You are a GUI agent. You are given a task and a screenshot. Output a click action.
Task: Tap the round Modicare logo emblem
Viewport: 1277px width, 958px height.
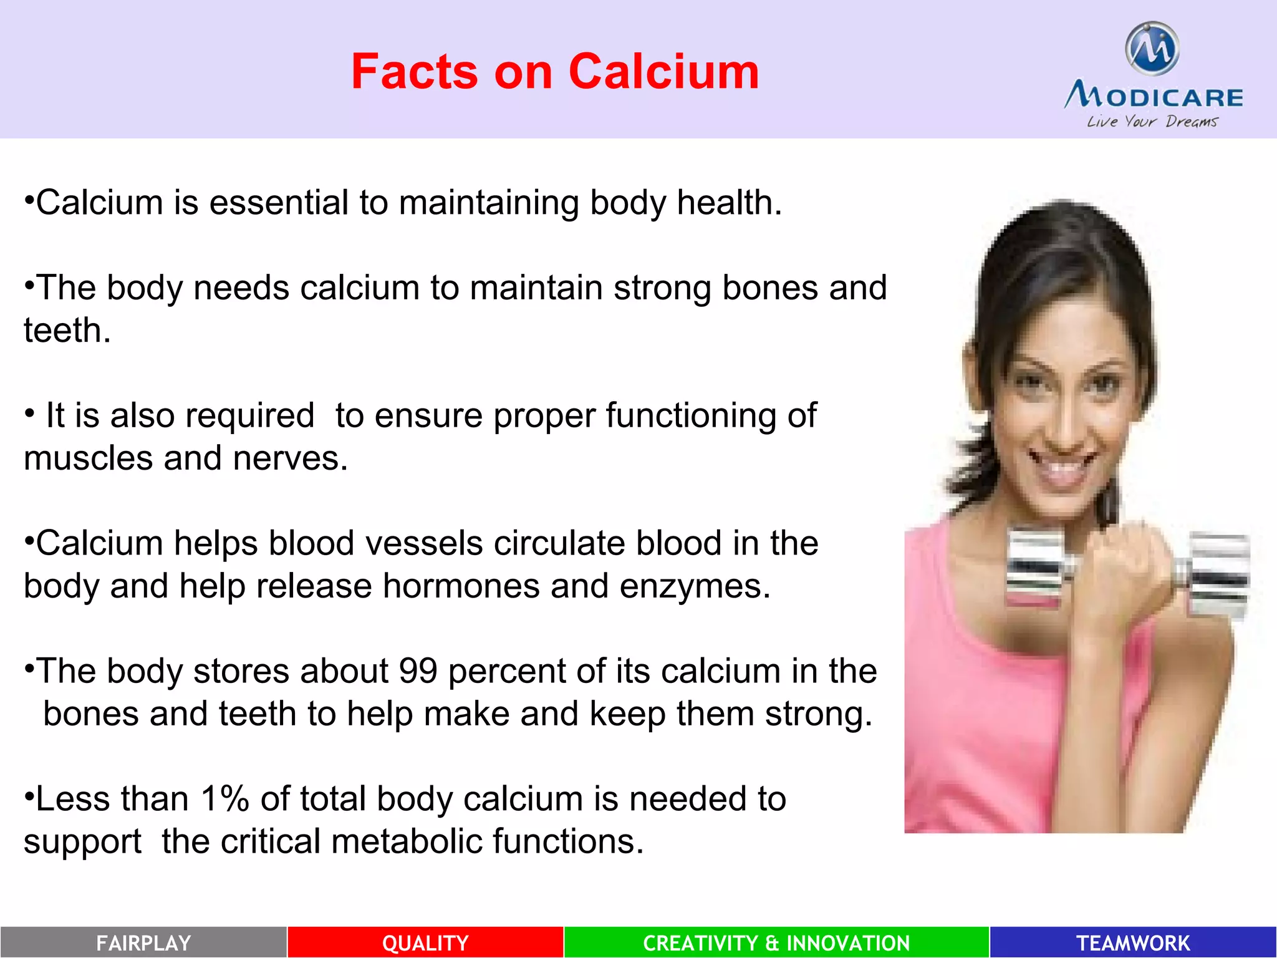(x=1152, y=48)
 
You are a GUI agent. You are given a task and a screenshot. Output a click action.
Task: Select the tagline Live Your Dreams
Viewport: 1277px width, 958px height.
(x=1152, y=121)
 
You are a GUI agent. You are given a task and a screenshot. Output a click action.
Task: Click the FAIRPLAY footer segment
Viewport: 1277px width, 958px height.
(x=143, y=942)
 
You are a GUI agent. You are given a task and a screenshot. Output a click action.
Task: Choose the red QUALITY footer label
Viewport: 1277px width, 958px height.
(x=425, y=942)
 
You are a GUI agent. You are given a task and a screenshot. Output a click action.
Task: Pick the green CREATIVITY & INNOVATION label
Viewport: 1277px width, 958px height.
(x=776, y=942)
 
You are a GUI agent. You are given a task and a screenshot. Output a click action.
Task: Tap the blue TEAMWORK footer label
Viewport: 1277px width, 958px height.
(x=1133, y=942)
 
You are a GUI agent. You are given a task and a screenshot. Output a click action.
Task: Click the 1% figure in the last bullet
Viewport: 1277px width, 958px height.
(x=224, y=799)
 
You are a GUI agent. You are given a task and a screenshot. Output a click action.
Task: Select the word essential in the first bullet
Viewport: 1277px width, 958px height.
(x=279, y=203)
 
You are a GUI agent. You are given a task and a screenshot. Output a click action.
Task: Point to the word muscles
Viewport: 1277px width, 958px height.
(x=88, y=458)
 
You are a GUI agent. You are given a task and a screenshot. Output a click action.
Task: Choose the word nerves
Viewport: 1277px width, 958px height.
(x=290, y=458)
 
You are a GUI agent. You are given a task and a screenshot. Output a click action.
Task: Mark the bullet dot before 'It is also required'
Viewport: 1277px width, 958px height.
(x=29, y=413)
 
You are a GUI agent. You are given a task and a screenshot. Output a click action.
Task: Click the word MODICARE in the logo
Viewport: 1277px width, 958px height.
(x=1154, y=97)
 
